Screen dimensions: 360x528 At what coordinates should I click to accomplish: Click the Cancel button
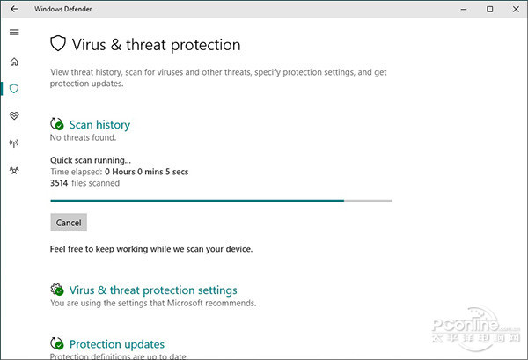pyautogui.click(x=69, y=223)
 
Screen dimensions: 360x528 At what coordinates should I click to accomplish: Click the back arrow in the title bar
pyautogui.click(x=14, y=9)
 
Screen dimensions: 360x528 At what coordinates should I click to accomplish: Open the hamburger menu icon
pyautogui.click(x=14, y=33)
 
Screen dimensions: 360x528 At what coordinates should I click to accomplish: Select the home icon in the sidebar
pyautogui.click(x=14, y=62)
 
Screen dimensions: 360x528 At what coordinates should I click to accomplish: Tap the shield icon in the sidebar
pyautogui.click(x=14, y=89)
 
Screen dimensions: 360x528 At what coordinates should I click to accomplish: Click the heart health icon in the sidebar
pyautogui.click(x=14, y=116)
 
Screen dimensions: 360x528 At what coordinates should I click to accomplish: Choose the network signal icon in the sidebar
pyautogui.click(x=14, y=143)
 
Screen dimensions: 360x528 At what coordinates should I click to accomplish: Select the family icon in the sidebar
pyautogui.click(x=14, y=170)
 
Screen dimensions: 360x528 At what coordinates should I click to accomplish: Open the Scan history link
pyautogui.click(x=99, y=125)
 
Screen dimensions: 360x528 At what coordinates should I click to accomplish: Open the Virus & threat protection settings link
pyautogui.click(x=153, y=290)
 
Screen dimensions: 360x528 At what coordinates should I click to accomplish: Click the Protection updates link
pyautogui.click(x=116, y=344)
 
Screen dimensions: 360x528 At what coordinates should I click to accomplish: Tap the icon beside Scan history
pyautogui.click(x=57, y=125)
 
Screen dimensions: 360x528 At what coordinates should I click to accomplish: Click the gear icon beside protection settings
pyautogui.click(x=57, y=290)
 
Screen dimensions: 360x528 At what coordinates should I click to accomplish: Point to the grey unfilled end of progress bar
pyautogui.click(x=368, y=201)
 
